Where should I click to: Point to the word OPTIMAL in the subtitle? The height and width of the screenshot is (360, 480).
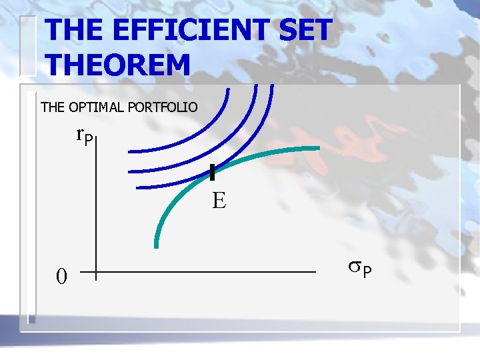tap(93, 107)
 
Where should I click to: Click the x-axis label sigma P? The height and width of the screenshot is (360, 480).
tap(361, 268)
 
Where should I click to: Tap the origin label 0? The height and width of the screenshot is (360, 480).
tap(61, 275)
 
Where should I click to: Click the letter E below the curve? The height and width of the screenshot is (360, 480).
tap(219, 201)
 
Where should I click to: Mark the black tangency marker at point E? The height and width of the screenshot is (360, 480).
tap(212, 173)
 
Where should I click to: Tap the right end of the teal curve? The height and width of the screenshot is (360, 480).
tap(317, 148)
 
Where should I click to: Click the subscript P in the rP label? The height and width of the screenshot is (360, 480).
tap(91, 140)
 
